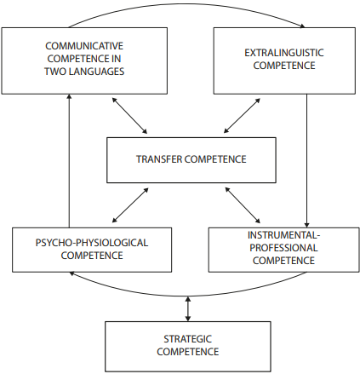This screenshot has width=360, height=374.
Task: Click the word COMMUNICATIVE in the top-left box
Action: [84, 46]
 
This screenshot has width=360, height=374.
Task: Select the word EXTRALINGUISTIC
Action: [284, 53]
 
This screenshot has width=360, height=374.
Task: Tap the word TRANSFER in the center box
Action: [159, 159]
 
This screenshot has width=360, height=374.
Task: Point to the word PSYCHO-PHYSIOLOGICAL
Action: [92, 243]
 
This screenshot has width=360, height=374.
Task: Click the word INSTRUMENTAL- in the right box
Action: [283, 235]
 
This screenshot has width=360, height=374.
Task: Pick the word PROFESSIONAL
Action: [283, 248]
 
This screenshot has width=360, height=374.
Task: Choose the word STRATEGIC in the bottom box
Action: [187, 339]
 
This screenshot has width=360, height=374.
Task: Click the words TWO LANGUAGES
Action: [84, 72]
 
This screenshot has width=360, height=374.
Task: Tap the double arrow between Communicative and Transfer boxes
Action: [129, 116]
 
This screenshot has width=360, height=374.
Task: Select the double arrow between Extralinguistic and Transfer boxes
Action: [242, 116]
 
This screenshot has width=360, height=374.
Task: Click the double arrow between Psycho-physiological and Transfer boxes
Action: [130, 205]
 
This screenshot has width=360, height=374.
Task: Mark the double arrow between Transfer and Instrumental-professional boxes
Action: [243, 205]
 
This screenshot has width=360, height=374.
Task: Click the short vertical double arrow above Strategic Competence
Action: [187, 309]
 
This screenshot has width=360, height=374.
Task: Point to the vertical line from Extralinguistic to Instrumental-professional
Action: [306, 161]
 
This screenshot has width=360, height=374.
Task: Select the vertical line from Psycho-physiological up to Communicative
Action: [69, 161]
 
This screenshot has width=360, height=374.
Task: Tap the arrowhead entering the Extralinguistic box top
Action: [302, 26]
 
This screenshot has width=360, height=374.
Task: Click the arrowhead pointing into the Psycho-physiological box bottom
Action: [72, 273]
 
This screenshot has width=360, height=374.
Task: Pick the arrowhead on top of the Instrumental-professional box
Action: [306, 225]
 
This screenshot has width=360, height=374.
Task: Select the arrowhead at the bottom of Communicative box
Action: [69, 97]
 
